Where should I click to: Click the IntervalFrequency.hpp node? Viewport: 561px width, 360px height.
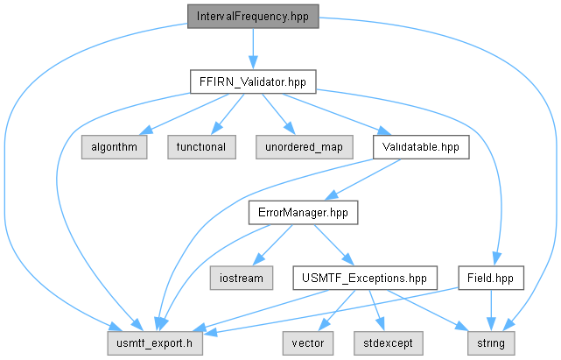point(253,17)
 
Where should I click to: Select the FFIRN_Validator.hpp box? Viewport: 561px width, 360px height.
point(253,81)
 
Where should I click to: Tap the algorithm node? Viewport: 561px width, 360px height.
point(114,147)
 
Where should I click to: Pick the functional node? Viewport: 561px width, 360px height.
point(202,147)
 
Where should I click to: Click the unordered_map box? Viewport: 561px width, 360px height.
point(305,147)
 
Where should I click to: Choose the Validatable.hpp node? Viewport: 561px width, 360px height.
point(421,147)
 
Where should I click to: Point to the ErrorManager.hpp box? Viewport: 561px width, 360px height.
point(304,213)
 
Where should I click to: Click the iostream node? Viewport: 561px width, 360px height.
point(242,278)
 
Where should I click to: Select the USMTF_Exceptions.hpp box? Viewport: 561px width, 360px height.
point(365,278)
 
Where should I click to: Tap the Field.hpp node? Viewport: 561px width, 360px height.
point(491,278)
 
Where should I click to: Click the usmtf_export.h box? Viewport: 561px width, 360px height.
point(155,343)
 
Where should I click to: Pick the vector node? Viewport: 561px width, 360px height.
point(308,343)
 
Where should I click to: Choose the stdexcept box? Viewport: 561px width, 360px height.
point(389,343)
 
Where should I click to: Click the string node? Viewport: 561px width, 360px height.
point(491,343)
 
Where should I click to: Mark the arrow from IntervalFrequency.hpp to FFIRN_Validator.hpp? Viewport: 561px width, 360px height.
point(253,49)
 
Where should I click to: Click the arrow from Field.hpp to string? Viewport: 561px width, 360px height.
point(491,310)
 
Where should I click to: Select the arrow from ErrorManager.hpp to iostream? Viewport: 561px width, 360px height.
point(273,245)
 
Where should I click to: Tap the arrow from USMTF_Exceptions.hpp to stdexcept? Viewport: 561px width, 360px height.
point(376,310)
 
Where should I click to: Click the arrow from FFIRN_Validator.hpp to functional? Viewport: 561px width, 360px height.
point(228,114)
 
